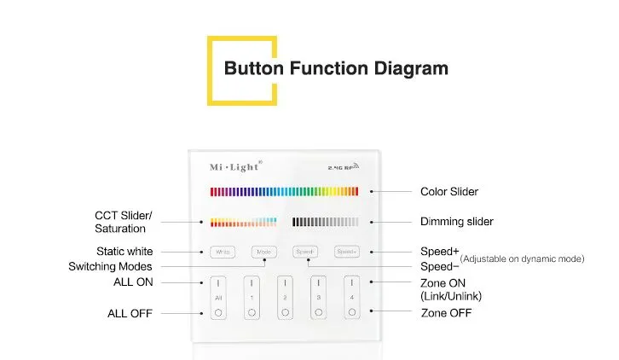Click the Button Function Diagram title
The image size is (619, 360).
(x=335, y=68)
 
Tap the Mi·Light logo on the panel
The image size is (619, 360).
(x=235, y=165)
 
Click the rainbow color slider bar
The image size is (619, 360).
(x=284, y=191)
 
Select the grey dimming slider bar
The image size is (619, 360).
(x=325, y=222)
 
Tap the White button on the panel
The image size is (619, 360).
(x=223, y=252)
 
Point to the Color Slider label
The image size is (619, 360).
(x=449, y=192)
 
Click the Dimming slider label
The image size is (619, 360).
(x=456, y=222)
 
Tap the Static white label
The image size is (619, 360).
(x=124, y=252)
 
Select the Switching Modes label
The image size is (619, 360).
(x=110, y=267)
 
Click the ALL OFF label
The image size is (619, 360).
(x=130, y=313)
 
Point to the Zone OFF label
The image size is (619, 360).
(x=446, y=313)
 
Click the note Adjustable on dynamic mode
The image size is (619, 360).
(x=522, y=258)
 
